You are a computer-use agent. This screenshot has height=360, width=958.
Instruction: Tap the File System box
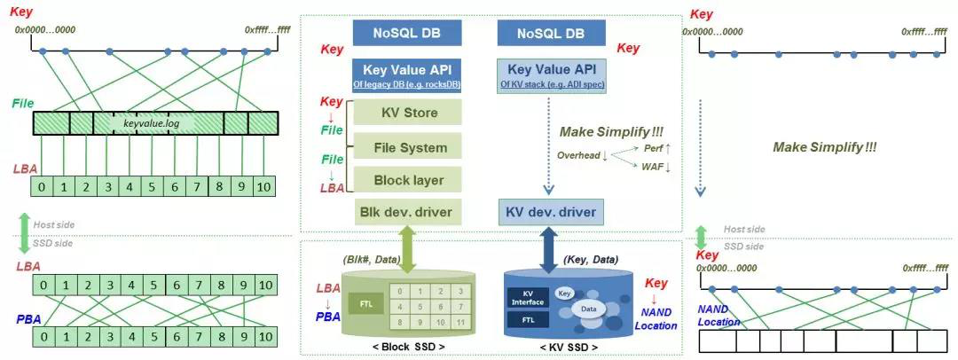(x=407, y=146)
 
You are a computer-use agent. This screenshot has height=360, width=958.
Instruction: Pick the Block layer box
(x=407, y=180)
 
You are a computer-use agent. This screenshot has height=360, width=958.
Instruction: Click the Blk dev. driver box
(x=407, y=211)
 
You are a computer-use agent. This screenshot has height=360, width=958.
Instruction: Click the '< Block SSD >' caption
(x=408, y=348)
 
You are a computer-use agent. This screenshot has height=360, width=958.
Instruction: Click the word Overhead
(x=582, y=156)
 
